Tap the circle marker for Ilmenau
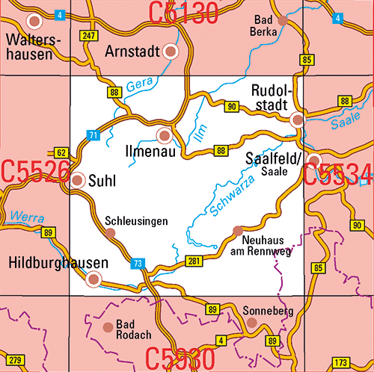[x=165, y=135]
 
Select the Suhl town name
[x=101, y=180]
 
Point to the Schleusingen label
[x=135, y=222]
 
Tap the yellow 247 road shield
[x=90, y=36]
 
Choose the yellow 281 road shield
[x=194, y=260]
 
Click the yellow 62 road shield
[x=61, y=152]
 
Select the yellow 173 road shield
[x=340, y=362]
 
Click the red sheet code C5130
[x=183, y=11]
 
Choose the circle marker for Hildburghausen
[x=93, y=279]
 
